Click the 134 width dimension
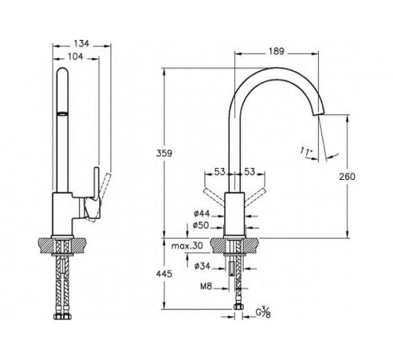click(82, 44)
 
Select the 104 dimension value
click(75, 56)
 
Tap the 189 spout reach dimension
click(276, 51)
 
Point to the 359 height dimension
click(164, 153)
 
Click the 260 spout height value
click(347, 177)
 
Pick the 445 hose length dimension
click(164, 274)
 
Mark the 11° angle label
click(307, 151)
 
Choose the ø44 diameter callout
click(202, 213)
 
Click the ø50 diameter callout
click(201, 225)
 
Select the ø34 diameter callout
click(202, 266)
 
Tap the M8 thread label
click(206, 286)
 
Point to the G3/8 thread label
click(263, 312)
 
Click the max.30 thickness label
click(187, 245)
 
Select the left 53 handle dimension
click(220, 172)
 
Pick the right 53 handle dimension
click(250, 172)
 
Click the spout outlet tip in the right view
click(319, 114)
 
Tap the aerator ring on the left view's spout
click(62, 114)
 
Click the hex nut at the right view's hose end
click(238, 306)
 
